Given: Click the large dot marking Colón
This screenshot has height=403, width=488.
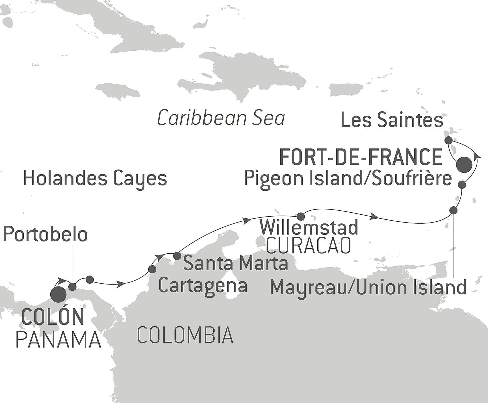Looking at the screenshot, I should pyautogui.click(x=58, y=294).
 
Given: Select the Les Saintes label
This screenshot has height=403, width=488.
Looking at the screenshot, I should pyautogui.click(x=392, y=120).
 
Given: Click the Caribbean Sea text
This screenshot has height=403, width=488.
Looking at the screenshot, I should pyautogui.click(x=221, y=118).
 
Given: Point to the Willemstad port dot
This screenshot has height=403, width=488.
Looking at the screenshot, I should pyautogui.click(x=301, y=216).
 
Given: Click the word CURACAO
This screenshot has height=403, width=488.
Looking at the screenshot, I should pyautogui.click(x=309, y=246).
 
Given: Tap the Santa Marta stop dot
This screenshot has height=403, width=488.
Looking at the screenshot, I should pyautogui.click(x=177, y=256).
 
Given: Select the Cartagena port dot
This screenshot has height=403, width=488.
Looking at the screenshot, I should pyautogui.click(x=152, y=269).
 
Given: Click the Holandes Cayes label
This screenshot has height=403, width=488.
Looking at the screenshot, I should pyautogui.click(x=95, y=179).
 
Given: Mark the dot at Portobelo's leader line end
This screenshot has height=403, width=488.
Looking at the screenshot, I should pyautogui.click(x=73, y=287).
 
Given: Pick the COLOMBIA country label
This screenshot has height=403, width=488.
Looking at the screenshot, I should pyautogui.click(x=185, y=335).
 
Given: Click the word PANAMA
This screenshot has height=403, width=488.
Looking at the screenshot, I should pyautogui.click(x=58, y=340).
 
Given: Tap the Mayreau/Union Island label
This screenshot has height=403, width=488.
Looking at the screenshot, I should pyautogui.click(x=368, y=288).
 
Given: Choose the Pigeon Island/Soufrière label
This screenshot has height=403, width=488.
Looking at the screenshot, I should pyautogui.click(x=348, y=179).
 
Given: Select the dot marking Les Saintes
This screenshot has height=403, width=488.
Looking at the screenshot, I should pyautogui.click(x=448, y=140).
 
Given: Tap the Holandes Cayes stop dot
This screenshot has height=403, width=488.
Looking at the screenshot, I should pyautogui.click(x=90, y=280).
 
